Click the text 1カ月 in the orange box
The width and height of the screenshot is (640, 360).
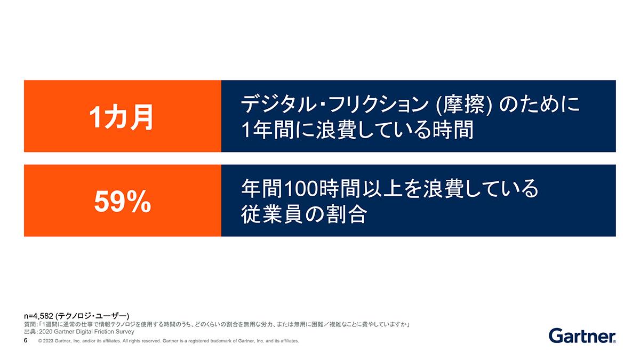point(121,117)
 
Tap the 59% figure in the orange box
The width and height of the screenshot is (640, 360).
point(123,202)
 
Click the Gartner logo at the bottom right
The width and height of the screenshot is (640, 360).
point(582,336)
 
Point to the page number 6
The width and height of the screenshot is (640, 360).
point(26,341)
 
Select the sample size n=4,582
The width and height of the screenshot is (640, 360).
point(38,316)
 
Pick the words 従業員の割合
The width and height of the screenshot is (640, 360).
point(304,214)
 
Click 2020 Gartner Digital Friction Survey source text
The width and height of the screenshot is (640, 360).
point(86,332)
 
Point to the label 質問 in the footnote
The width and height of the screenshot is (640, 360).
point(30,325)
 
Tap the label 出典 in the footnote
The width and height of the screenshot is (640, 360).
point(30,332)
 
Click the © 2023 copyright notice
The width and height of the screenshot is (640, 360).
point(169,341)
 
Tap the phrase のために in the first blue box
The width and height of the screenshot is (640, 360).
point(539,105)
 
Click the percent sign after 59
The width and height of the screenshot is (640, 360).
point(139,202)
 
